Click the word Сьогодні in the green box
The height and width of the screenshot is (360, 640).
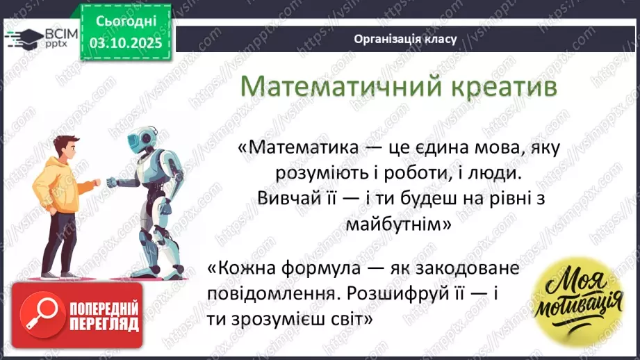(x=125, y=20)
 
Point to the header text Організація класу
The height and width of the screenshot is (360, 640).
(x=405, y=39)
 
